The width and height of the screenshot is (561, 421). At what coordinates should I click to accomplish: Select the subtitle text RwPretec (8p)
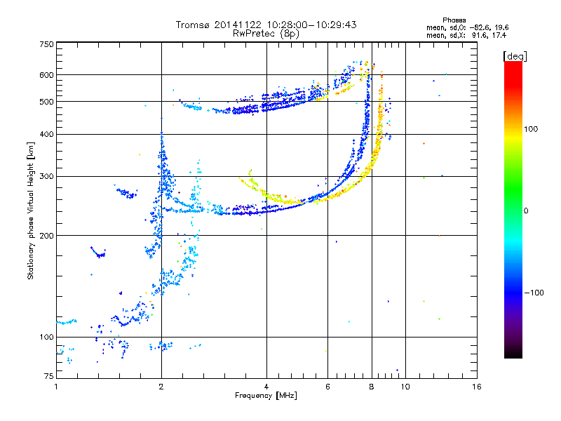[x=266, y=34]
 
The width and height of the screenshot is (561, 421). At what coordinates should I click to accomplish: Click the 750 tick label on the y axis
[x=46, y=44]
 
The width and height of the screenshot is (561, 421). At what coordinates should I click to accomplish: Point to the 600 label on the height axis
[x=46, y=75]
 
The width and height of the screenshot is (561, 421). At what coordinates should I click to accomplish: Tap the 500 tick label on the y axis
[x=46, y=102]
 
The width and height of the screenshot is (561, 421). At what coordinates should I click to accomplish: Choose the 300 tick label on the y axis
[x=46, y=177]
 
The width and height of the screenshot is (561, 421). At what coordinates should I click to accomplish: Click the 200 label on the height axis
[x=46, y=236]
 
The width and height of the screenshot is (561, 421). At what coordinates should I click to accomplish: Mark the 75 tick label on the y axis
[x=49, y=376]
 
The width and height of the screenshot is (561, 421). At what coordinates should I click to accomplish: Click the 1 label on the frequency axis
[x=56, y=387]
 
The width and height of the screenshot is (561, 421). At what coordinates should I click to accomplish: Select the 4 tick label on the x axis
[x=266, y=387]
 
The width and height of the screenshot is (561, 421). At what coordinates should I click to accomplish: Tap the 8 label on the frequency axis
[x=372, y=387]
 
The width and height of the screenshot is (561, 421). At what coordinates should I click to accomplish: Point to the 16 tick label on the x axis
[x=477, y=387]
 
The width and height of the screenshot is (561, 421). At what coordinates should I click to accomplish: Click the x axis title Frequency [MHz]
[x=266, y=396]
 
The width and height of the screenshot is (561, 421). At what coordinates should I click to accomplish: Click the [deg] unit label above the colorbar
[x=515, y=56]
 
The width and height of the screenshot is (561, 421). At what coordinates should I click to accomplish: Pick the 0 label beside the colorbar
[x=526, y=211]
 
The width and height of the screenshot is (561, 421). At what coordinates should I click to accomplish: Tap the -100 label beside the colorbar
[x=534, y=293]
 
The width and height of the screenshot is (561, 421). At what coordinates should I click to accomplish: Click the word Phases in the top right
[x=454, y=20]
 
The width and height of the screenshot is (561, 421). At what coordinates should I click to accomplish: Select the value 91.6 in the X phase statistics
[x=479, y=35]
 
